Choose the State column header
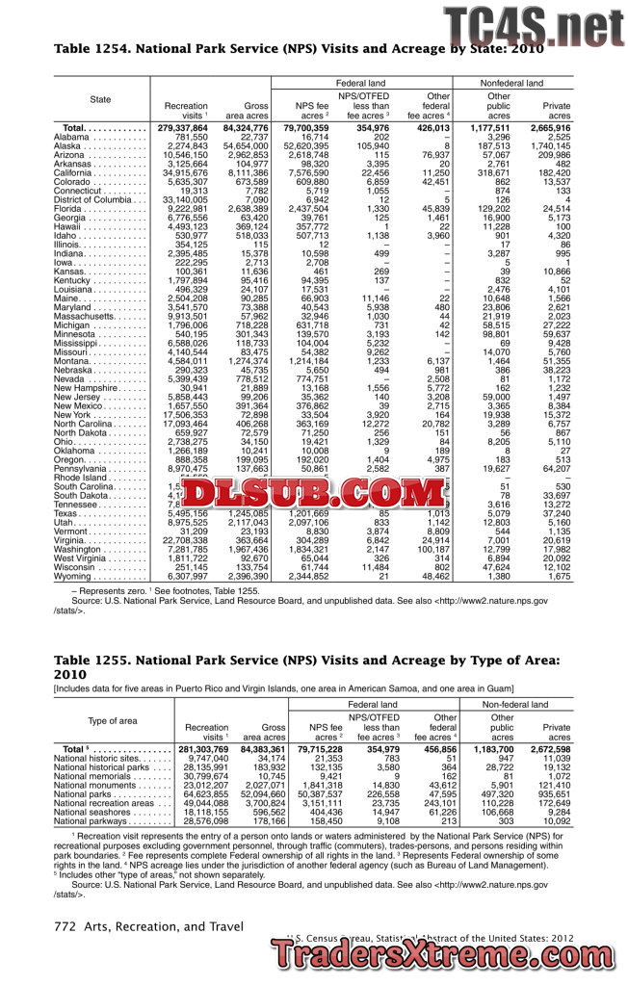tap(100, 99)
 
